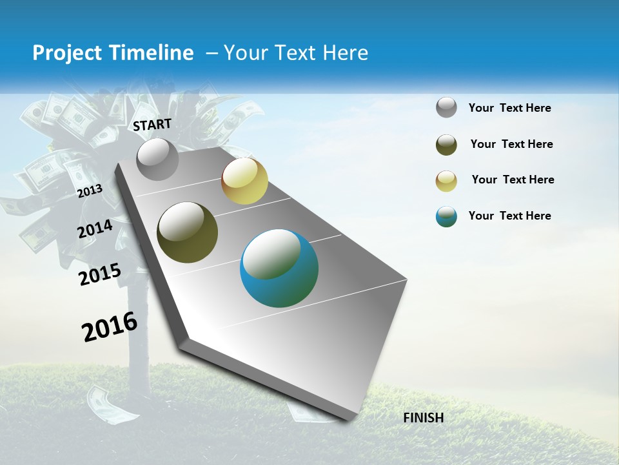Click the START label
click(152, 125)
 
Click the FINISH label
click(424, 418)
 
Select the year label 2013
click(90, 191)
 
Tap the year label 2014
click(95, 229)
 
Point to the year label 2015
click(99, 274)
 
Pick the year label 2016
click(110, 326)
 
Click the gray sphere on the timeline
click(158, 160)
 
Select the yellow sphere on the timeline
click(244, 181)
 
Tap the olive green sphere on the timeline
click(187, 232)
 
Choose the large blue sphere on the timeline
click(279, 268)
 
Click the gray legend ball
click(446, 108)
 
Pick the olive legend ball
click(446, 145)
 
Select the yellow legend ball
click(446, 181)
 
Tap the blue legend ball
click(446, 216)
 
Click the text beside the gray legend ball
click(509, 108)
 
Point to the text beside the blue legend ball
click(509, 216)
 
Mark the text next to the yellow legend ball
click(513, 180)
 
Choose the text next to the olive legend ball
click(511, 144)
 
